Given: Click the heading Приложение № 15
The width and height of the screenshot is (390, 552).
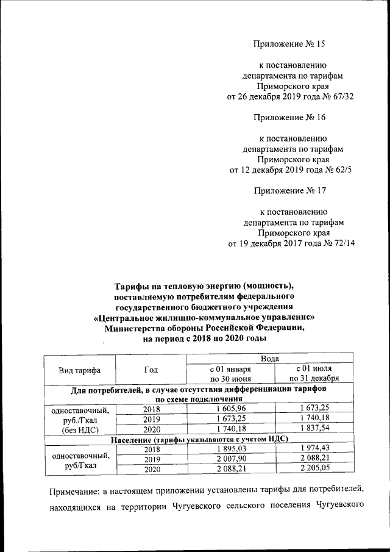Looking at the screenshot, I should pos(289,43).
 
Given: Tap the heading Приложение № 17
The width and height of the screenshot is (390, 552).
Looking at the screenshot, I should pos(289,190).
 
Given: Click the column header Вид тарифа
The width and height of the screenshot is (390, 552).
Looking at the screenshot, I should pos(79,370).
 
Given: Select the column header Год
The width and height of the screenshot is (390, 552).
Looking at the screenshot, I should pos(151,370).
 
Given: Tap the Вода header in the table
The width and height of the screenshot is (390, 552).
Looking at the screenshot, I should pos(269,359).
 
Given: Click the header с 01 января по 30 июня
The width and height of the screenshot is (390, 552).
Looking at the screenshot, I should pos(230,374).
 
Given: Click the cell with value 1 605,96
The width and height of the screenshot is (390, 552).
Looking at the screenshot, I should pos(230,408).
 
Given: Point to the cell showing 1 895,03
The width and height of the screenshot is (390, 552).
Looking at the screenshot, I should pos(230,450).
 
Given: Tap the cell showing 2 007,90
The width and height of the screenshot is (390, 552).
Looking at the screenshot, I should pos(230,459).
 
